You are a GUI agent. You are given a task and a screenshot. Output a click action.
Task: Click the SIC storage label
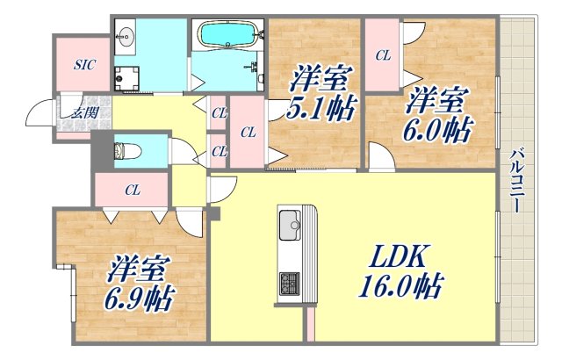[83, 64]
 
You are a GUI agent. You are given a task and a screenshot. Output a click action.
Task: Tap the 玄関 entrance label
[84, 112]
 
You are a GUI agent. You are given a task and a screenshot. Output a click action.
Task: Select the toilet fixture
[126, 150]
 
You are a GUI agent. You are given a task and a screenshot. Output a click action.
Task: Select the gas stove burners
[289, 283]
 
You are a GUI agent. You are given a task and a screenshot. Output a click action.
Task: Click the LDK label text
[397, 257]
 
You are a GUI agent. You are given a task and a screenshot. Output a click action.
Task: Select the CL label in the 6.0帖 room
[383, 54]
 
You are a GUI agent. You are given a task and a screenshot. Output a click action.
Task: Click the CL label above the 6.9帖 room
[133, 188]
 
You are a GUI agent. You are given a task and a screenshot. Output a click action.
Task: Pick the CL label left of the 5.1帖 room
[248, 133]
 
